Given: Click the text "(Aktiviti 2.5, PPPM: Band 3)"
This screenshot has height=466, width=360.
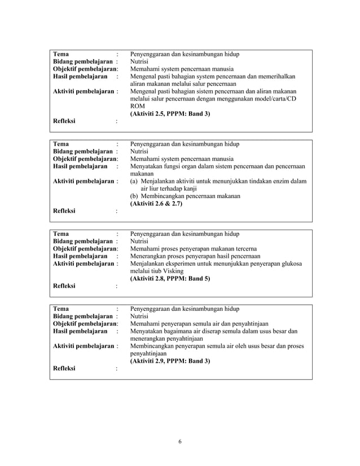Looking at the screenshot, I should point(170,113).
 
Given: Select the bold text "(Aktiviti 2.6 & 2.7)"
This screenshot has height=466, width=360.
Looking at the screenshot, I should point(156,204).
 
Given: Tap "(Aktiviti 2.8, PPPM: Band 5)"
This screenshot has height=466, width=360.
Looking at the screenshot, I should point(170,279).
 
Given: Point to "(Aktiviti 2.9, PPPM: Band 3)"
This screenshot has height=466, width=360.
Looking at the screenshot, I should point(170,361).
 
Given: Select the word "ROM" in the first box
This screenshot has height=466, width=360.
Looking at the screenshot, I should point(137,105).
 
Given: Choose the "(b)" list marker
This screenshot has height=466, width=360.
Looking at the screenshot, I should point(134,196).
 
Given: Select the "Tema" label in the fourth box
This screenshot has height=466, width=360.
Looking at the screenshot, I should point(60,309).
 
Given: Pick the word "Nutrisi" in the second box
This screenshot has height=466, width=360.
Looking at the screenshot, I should point(141,151).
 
